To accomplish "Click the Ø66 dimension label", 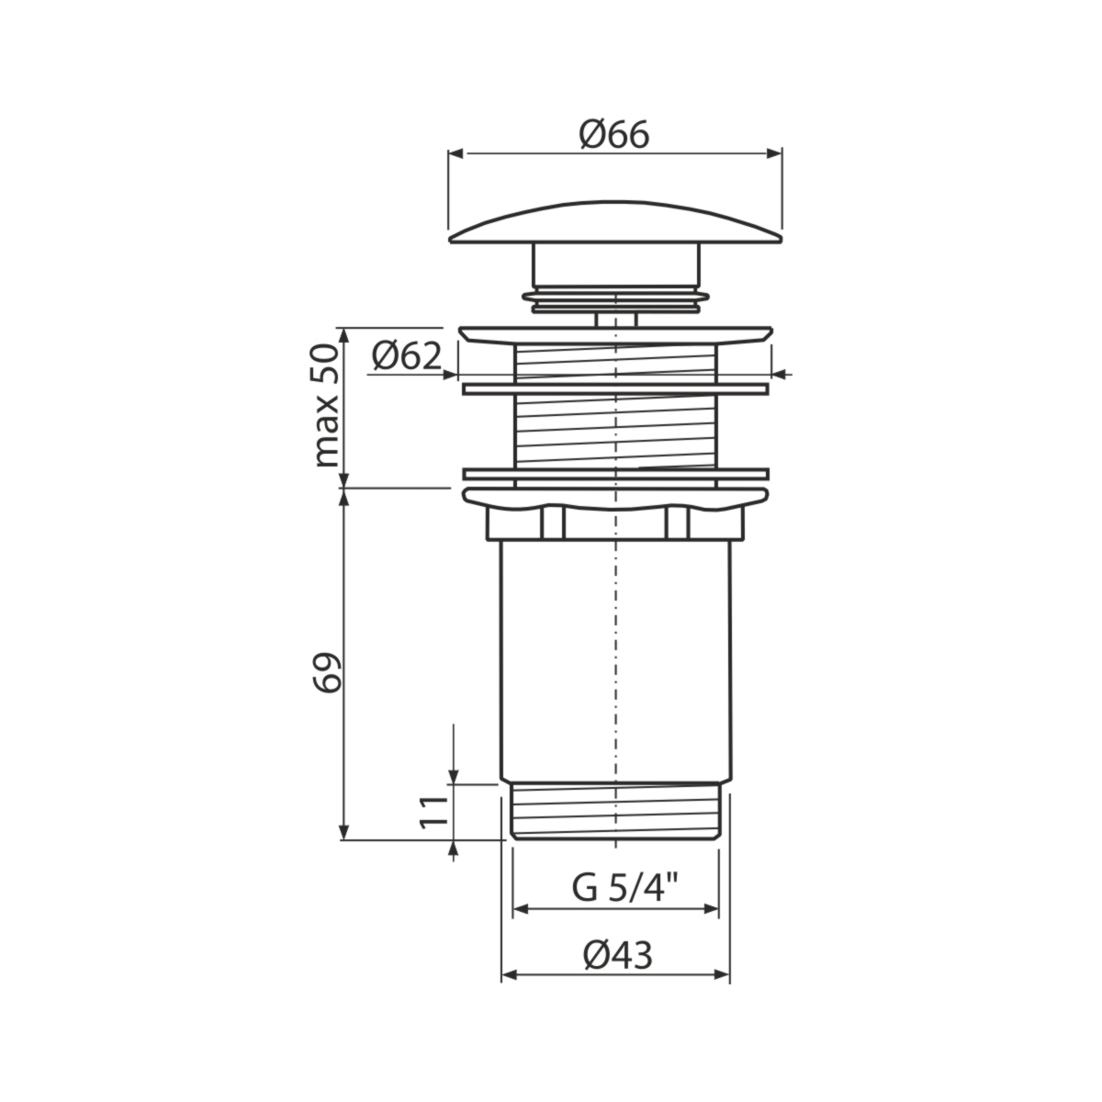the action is [613, 135].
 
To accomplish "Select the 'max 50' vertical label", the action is [327, 406].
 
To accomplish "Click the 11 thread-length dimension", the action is [433, 811].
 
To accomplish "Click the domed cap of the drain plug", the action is [615, 223].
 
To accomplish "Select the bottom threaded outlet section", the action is [615, 811].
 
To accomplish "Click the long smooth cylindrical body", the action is [615, 661].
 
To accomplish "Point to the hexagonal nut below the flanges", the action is [615, 523].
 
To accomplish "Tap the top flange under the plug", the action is [615, 336].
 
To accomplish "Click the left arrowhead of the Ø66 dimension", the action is [456, 153].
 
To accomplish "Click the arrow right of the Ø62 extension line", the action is [782, 375].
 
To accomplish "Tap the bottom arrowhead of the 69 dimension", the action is [343, 832].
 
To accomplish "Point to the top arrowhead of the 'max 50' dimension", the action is [343, 336].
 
